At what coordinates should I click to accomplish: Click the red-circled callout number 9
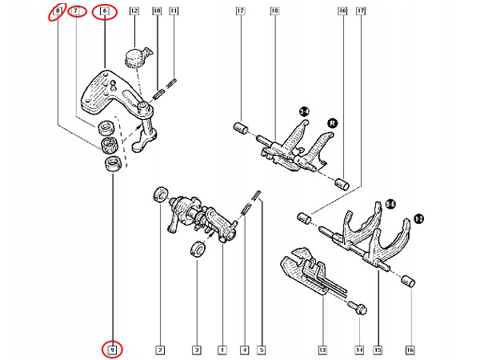coord(113,349)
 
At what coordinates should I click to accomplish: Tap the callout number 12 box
coord(134,12)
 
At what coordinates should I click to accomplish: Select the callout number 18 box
coord(274,12)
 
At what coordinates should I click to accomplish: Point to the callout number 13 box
coord(322,350)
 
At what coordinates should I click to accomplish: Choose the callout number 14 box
coord(359,350)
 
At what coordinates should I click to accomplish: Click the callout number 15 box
coord(378,350)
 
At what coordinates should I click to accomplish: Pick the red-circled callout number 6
coord(104,12)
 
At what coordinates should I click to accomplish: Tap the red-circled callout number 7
coord(77,12)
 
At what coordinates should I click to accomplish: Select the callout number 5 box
coord(261,350)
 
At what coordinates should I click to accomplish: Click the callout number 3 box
coord(196,350)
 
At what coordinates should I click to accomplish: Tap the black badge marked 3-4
coord(304,110)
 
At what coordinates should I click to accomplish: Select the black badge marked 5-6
coord(390,205)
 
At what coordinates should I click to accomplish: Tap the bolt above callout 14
coord(355,305)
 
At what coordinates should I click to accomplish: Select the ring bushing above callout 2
coord(160,194)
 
